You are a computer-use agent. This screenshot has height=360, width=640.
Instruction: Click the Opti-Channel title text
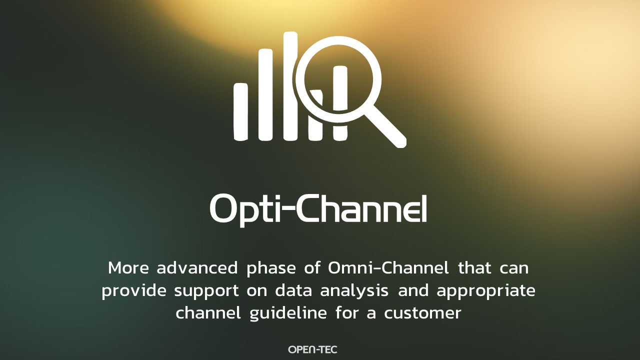click(x=318, y=210)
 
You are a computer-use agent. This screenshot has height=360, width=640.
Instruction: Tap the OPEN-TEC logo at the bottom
click(x=312, y=349)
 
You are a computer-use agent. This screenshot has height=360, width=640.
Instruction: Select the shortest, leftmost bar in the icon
click(x=241, y=111)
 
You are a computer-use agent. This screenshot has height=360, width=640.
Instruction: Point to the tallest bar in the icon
click(x=290, y=85)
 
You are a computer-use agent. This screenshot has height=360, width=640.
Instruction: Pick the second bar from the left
click(x=265, y=94)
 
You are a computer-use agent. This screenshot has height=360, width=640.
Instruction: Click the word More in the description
click(x=128, y=268)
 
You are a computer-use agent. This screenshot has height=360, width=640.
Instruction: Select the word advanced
click(x=197, y=267)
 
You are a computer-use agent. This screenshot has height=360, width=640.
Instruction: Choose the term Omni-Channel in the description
click(x=388, y=267)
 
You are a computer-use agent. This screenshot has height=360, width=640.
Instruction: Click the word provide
click(x=134, y=291)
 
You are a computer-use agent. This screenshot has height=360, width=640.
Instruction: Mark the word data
click(x=293, y=290)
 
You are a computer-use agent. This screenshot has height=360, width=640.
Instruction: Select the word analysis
click(x=354, y=291)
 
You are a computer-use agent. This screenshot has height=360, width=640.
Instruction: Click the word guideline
click(x=288, y=313)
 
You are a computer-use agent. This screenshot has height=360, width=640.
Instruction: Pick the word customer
click(x=422, y=313)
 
